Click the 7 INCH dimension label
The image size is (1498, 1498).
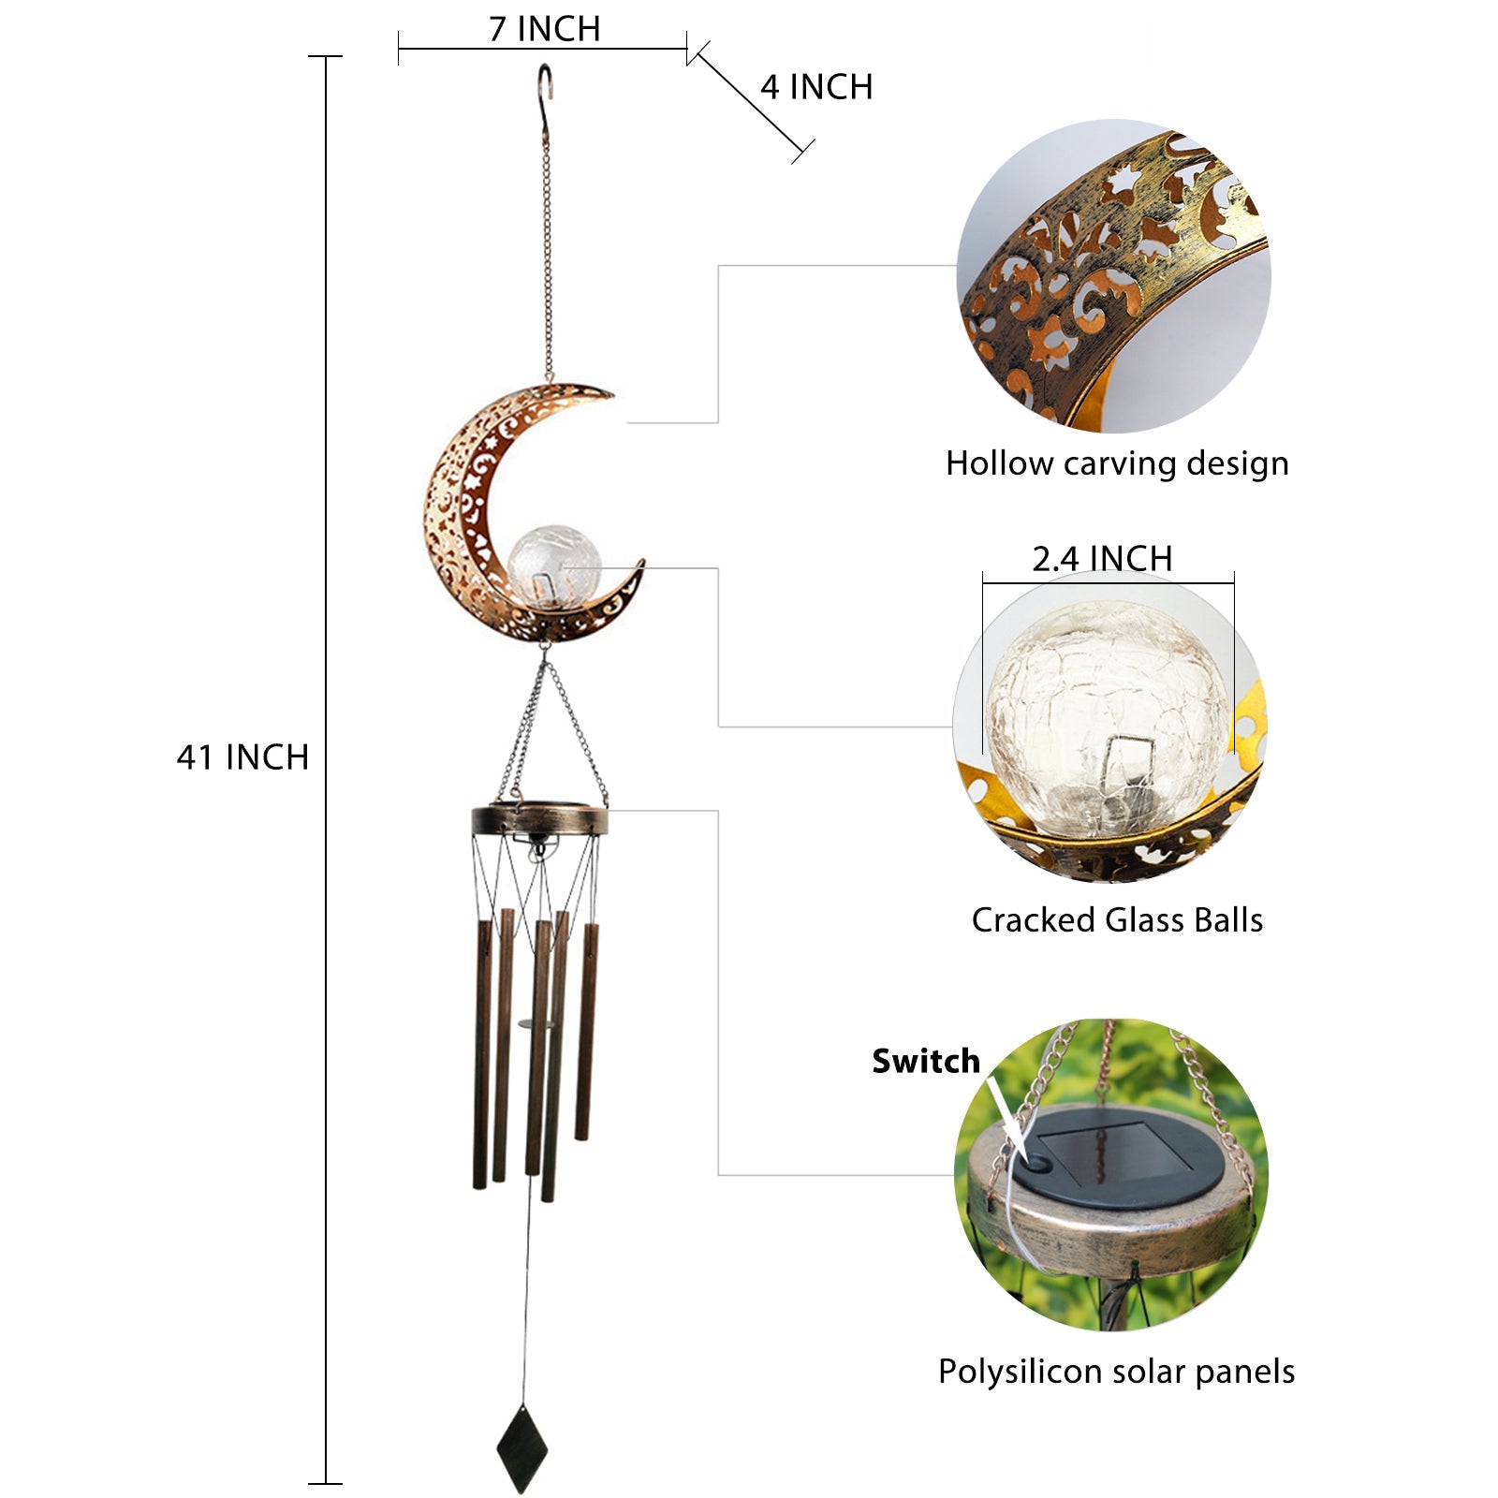coord(544,29)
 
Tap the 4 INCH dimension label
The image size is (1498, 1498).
coord(816,87)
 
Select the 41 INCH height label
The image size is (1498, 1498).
coord(242,756)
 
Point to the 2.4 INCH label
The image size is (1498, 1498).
coord(1102,559)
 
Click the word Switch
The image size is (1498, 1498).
coord(925,1061)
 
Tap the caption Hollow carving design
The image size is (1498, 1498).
coord(1117,463)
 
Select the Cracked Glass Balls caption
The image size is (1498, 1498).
coord(1117,919)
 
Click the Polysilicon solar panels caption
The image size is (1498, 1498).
coord(1116,1372)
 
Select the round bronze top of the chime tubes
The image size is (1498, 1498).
coord(540,820)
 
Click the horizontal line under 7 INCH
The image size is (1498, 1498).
coord(543,49)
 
